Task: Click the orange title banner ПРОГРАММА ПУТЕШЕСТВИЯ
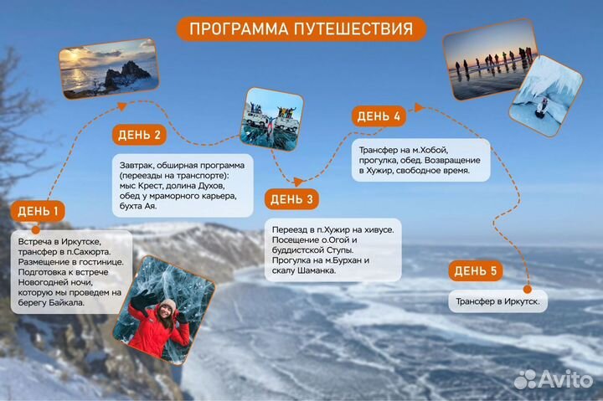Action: point(301,28)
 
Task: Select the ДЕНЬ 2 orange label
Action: point(139,135)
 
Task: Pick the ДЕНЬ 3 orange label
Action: point(292,199)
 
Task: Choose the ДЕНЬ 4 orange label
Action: point(379,116)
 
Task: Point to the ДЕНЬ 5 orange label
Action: point(475,270)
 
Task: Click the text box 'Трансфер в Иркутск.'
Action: point(497,301)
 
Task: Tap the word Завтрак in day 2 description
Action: point(139,164)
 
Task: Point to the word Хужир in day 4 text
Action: point(377,170)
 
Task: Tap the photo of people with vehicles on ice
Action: point(271,120)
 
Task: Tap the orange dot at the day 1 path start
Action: point(34,229)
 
